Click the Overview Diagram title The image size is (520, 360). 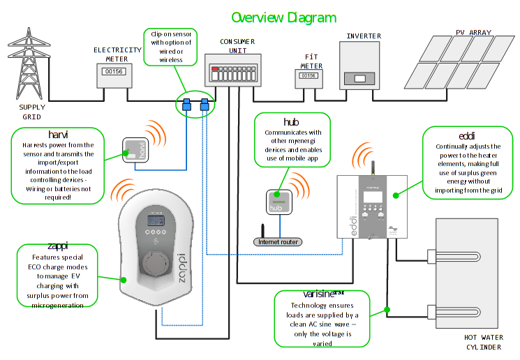(283, 17)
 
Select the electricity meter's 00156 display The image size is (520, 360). (113, 71)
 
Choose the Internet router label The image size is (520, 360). (277, 242)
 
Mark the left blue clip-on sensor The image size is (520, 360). (186, 105)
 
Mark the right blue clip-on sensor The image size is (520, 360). (204, 105)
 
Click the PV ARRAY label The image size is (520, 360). (474, 32)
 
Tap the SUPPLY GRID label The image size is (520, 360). (32, 112)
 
